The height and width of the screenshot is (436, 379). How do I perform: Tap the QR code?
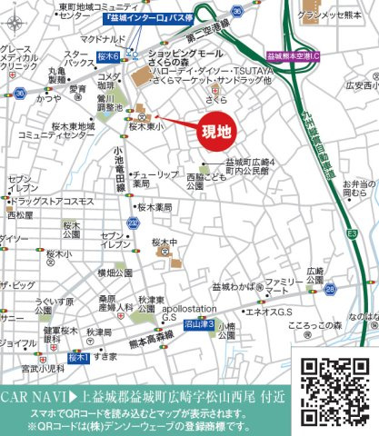tap(330, 388)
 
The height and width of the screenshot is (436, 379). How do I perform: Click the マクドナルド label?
tap(101, 39)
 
